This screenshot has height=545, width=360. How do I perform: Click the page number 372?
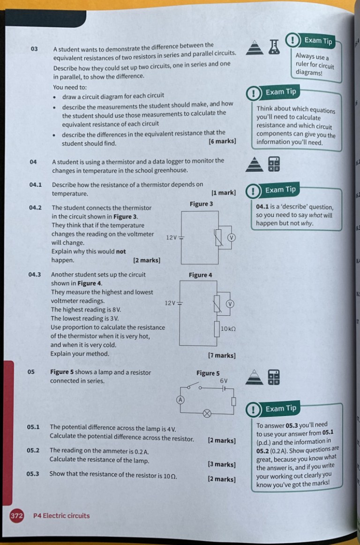17,516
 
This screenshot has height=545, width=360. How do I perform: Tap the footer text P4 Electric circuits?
61,516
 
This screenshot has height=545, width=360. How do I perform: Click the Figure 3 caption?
201,204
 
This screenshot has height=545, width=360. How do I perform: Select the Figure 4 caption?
200,275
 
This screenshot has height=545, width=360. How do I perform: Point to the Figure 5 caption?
208,373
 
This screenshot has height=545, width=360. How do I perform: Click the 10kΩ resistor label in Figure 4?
228,329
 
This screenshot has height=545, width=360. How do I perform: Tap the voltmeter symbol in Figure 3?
230,237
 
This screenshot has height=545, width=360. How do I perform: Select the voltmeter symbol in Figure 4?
230,304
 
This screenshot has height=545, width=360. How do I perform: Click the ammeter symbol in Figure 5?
179,399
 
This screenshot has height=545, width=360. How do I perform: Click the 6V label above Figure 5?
224,381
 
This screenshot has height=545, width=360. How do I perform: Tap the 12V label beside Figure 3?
171,237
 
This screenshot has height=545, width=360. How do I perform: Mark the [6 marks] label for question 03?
222,141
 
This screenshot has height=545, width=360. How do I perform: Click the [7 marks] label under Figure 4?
222,356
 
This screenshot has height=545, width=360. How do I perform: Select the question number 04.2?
35,207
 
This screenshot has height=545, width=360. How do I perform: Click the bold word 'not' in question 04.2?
120,251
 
